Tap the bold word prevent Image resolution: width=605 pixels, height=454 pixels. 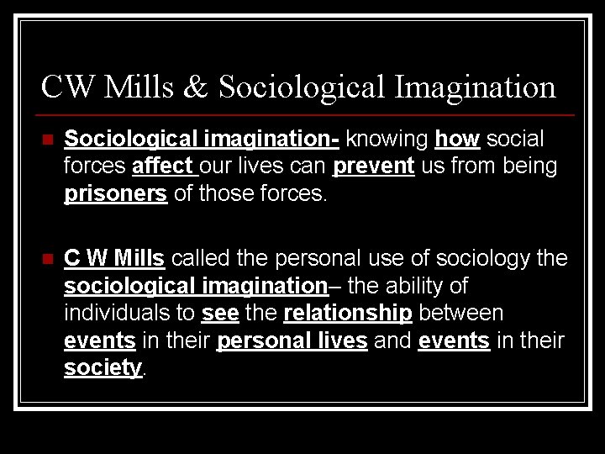pos(374,166)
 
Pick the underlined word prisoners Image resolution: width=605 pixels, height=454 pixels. pos(116,194)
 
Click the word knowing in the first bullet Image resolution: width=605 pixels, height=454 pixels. pos(387,138)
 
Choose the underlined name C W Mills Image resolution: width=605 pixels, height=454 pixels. pos(115,257)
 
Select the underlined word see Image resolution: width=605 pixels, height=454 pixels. pos(219,314)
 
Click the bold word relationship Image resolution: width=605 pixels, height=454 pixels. pos(348,314)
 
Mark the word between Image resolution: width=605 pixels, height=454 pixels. pos(461,314)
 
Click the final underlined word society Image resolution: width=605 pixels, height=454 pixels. pos(103,369)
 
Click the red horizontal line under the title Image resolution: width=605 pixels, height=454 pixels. pos(307,114)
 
